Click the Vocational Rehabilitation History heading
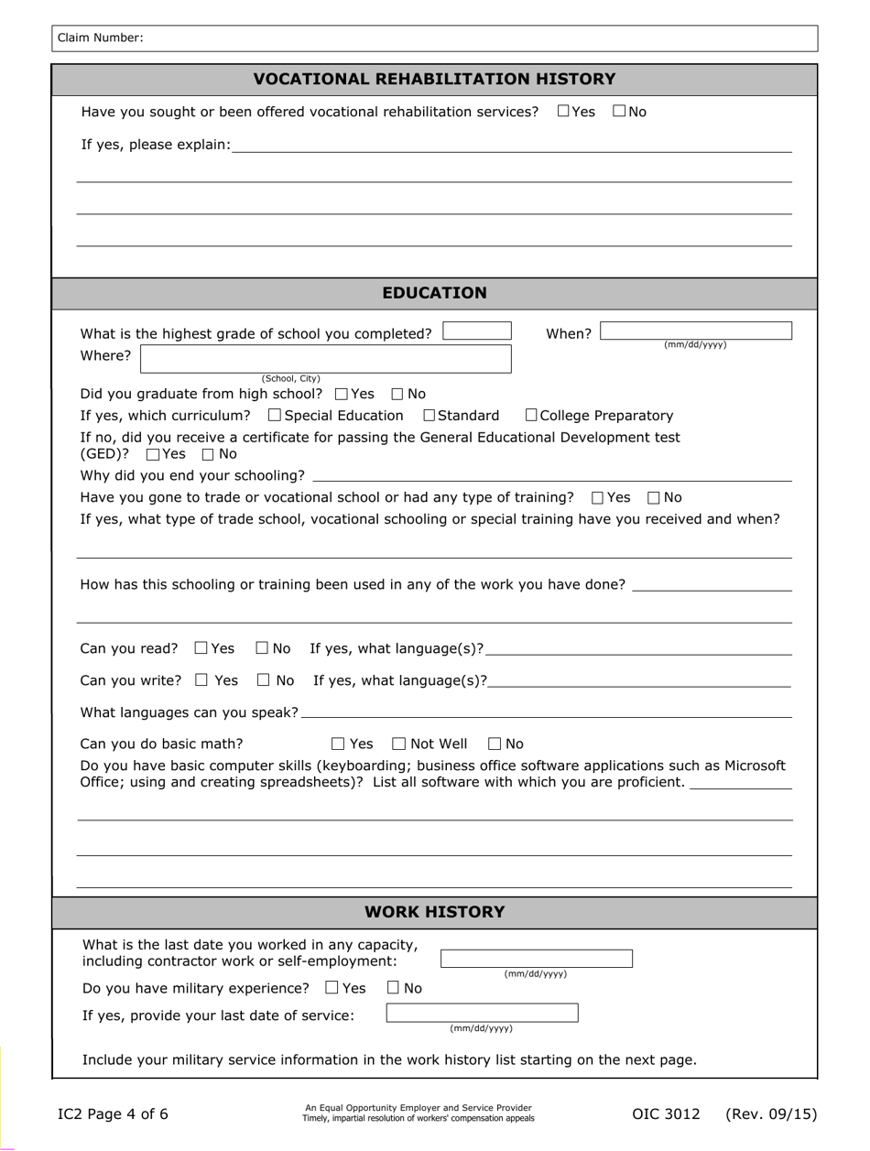(434, 79)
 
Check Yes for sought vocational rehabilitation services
(563, 112)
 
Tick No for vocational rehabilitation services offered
(619, 112)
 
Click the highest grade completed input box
(477, 331)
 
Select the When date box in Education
(696, 331)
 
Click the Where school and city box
(326, 358)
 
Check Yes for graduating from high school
(342, 395)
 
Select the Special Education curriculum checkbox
(276, 416)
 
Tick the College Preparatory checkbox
(532, 416)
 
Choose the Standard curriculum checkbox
(430, 416)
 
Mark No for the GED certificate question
(208, 454)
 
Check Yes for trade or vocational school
(598, 498)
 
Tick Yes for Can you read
(201, 648)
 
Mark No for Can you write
(264, 680)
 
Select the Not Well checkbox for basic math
(399, 744)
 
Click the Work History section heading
(434, 912)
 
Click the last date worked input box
(537, 959)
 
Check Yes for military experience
(332, 988)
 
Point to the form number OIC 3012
(666, 1114)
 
